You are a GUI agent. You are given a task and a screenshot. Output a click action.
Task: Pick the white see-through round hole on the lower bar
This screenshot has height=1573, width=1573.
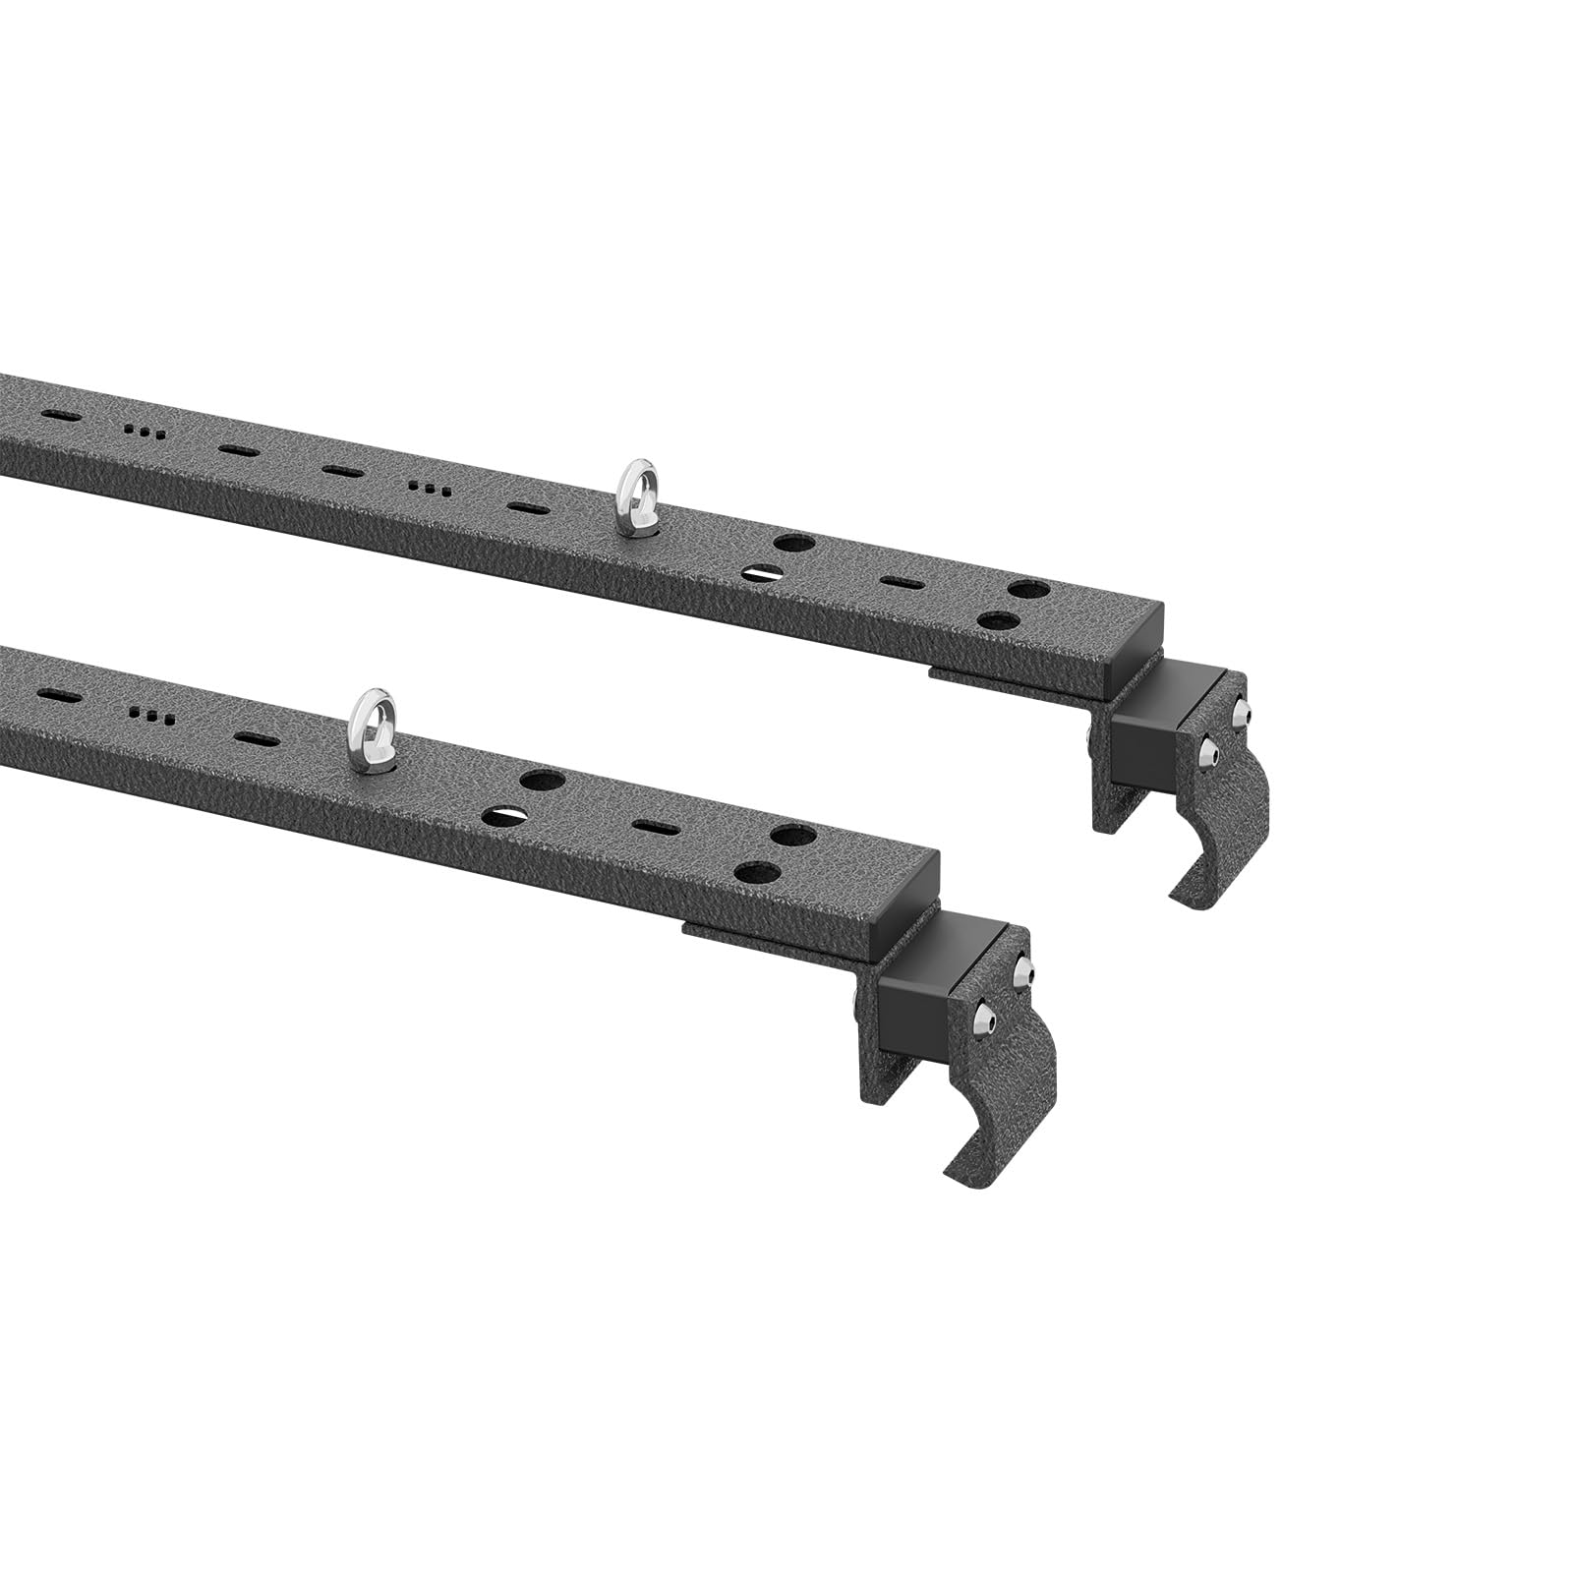[501, 813]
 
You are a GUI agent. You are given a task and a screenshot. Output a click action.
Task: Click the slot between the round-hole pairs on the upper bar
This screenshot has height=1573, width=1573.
[896, 581]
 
